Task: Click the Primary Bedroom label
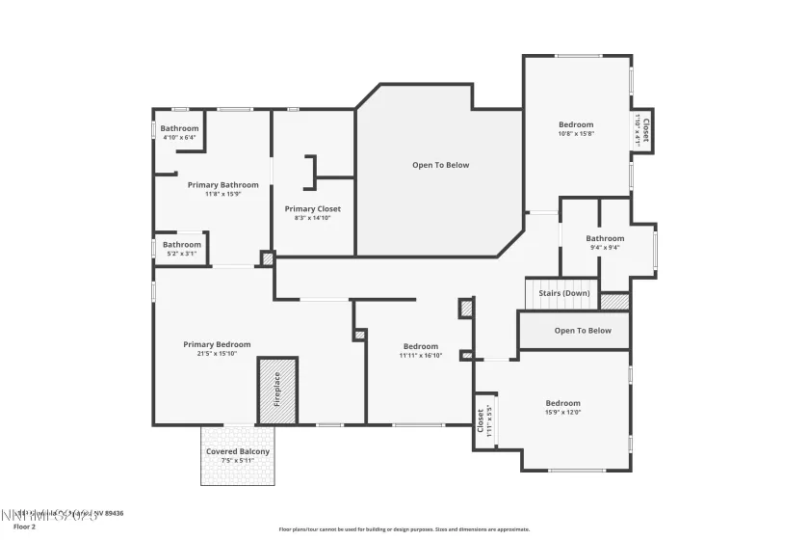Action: [217, 344]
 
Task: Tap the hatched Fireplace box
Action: [277, 391]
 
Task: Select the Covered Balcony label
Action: [238, 451]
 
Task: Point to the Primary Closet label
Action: [312, 208]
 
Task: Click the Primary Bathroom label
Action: [222, 184]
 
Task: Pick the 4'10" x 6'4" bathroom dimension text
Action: [179, 138]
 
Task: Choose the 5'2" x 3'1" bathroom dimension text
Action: [181, 254]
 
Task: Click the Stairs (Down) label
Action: [563, 292]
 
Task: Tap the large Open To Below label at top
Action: [440, 165]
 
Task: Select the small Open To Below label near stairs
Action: [582, 331]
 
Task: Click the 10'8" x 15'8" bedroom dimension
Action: [576, 133]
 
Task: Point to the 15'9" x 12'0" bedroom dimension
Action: [562, 413]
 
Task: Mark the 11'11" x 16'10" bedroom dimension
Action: [420, 356]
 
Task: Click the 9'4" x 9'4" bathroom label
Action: [605, 247]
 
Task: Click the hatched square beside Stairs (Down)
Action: [614, 300]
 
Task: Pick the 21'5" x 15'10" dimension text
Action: [217, 354]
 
